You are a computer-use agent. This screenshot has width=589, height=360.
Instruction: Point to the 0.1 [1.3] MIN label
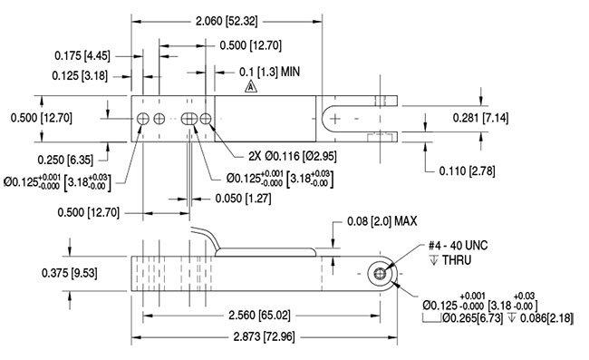point(268,70)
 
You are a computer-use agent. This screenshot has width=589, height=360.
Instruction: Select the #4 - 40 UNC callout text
point(457,244)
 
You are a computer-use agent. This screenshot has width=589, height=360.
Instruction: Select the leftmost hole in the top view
point(143,120)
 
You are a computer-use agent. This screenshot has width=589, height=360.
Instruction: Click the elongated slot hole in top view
point(190,120)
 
